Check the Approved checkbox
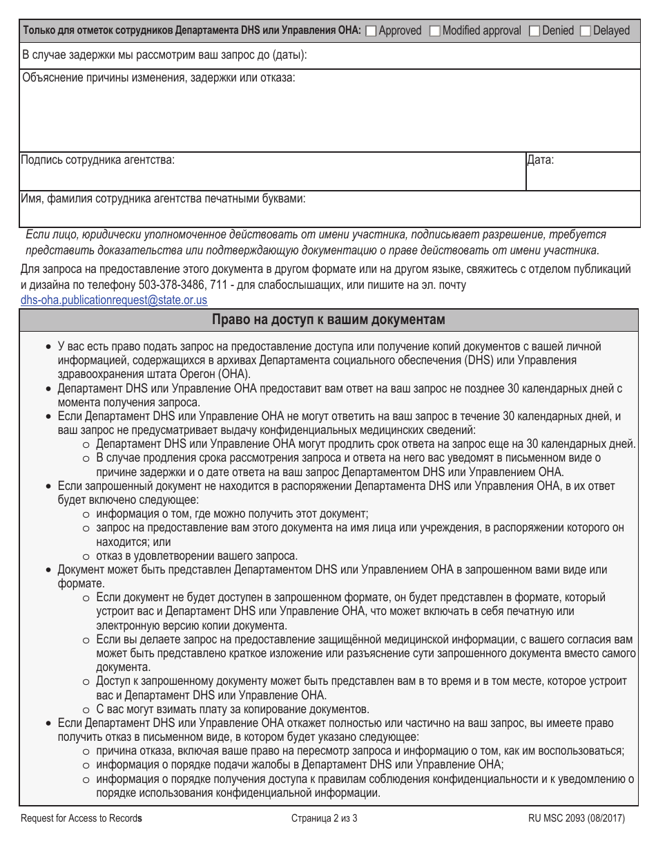click(x=371, y=30)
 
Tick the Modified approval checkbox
click(x=434, y=30)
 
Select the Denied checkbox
click(x=534, y=30)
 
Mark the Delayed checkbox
click(x=585, y=30)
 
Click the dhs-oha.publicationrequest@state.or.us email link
click(x=114, y=300)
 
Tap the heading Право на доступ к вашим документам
click(x=328, y=320)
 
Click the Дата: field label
click(x=540, y=160)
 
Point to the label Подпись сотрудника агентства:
click(x=98, y=160)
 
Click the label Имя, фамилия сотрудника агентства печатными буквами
click(x=164, y=199)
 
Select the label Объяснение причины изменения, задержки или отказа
click(x=158, y=78)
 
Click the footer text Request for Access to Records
click(x=81, y=819)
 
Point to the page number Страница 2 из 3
click(x=324, y=819)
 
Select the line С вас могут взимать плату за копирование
click(x=233, y=709)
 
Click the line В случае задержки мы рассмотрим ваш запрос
click(x=164, y=55)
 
